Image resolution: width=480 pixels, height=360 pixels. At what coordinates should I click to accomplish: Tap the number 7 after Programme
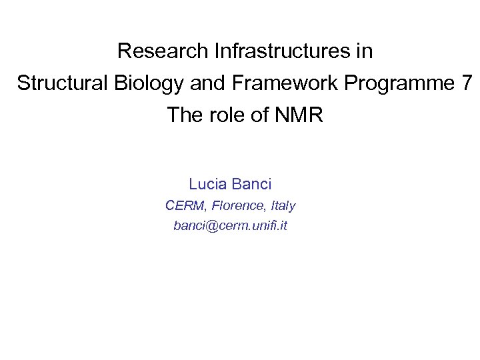tap(466, 83)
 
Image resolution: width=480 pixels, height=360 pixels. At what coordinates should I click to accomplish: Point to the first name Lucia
tap(208, 184)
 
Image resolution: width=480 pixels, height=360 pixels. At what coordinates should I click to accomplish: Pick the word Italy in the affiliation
tap(281, 205)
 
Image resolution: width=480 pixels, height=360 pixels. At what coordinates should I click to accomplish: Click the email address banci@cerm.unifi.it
tap(230, 226)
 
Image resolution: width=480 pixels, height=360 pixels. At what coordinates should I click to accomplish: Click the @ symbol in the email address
tap(205, 226)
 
